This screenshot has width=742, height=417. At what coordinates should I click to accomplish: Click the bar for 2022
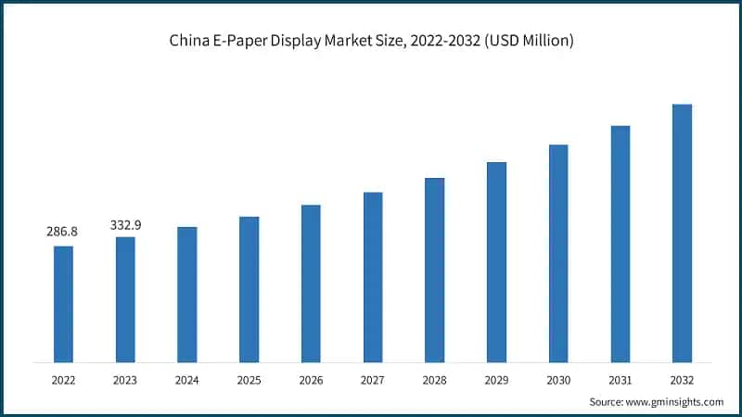[x=63, y=304]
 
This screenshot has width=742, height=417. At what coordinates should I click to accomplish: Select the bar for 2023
[x=125, y=299]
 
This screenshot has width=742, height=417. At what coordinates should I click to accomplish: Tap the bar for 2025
[x=249, y=289]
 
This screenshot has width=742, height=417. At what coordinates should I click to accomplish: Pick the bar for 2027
[x=373, y=277]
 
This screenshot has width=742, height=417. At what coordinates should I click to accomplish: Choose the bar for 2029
[x=496, y=262]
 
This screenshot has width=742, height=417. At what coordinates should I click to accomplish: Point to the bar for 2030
[x=558, y=253]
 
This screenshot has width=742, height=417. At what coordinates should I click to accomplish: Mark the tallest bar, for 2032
[x=682, y=233]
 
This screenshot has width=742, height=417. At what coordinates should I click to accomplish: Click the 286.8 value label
[x=62, y=232]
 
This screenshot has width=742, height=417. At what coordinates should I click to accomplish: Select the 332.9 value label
[x=124, y=224]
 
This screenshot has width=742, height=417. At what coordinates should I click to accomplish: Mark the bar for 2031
[x=620, y=244]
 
